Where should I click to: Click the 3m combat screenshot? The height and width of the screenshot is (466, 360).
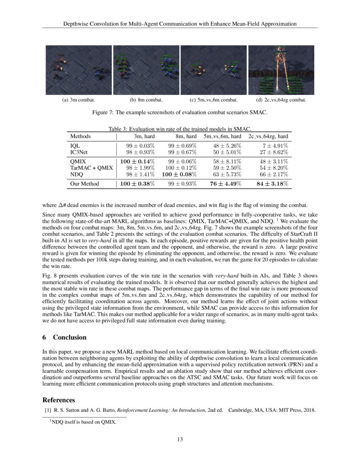pyautogui.click(x=79, y=70)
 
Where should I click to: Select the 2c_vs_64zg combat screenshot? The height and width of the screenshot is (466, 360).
pyautogui.click(x=281, y=70)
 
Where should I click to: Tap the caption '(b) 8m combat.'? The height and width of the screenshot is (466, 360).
pyautogui.click(x=146, y=100)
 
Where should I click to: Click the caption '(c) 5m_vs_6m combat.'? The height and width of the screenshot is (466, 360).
pyautogui.click(x=213, y=100)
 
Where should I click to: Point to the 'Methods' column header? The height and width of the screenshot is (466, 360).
pyautogui.click(x=80, y=136)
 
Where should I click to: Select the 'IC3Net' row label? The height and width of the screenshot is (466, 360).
pyautogui.click(x=79, y=152)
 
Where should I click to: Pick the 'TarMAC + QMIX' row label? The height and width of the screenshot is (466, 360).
pyautogui.click(x=91, y=168)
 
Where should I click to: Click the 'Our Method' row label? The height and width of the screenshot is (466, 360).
pyautogui.click(x=85, y=183)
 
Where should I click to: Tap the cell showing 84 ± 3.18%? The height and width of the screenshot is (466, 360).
pyautogui.click(x=271, y=183)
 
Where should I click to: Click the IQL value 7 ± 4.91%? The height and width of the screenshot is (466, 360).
pyautogui.click(x=274, y=145)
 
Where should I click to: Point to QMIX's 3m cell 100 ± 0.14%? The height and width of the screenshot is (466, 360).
pyautogui.click(x=137, y=161)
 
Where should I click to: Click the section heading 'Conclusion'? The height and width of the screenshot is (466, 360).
pyautogui.click(x=69, y=337)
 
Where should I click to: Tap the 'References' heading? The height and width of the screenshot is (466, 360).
pyautogui.click(x=59, y=400)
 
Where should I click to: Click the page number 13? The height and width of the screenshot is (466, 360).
pyautogui.click(x=180, y=439)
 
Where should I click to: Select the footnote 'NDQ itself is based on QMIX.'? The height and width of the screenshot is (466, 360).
pyautogui.click(x=83, y=422)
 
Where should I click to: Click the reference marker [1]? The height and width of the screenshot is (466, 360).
pyautogui.click(x=48, y=410)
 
